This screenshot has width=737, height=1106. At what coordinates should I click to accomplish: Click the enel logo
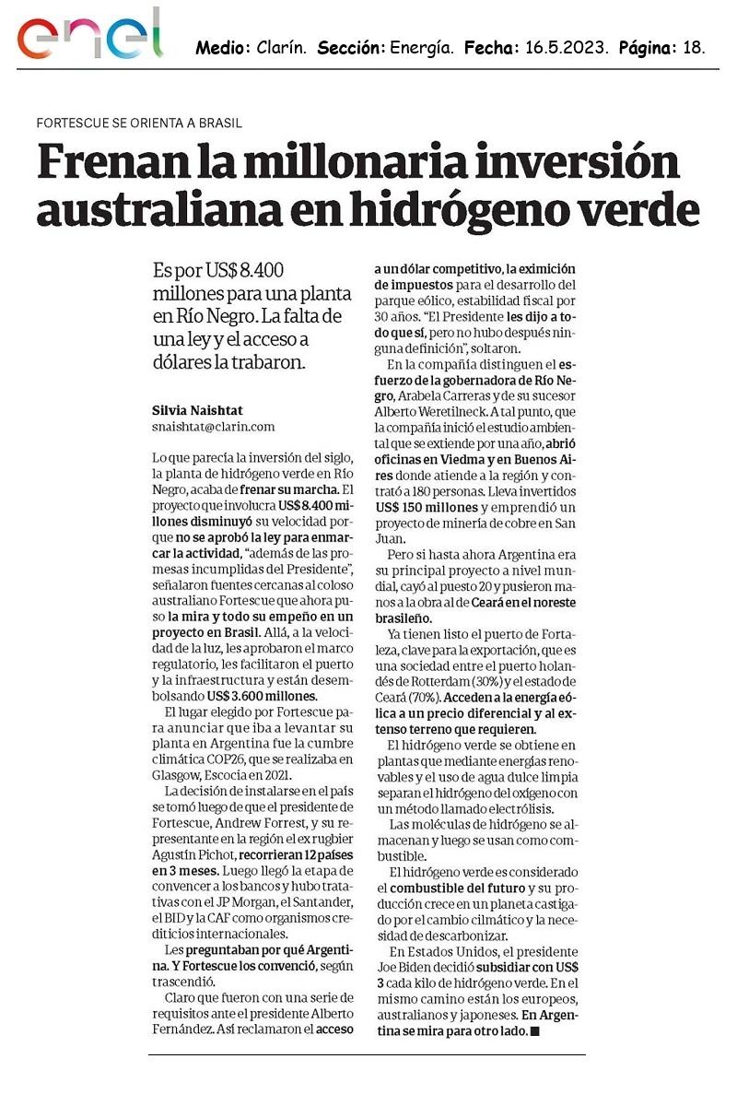(90, 38)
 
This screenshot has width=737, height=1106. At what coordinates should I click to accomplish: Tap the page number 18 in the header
(695, 48)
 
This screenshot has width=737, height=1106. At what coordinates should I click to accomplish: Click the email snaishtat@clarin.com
(213, 427)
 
